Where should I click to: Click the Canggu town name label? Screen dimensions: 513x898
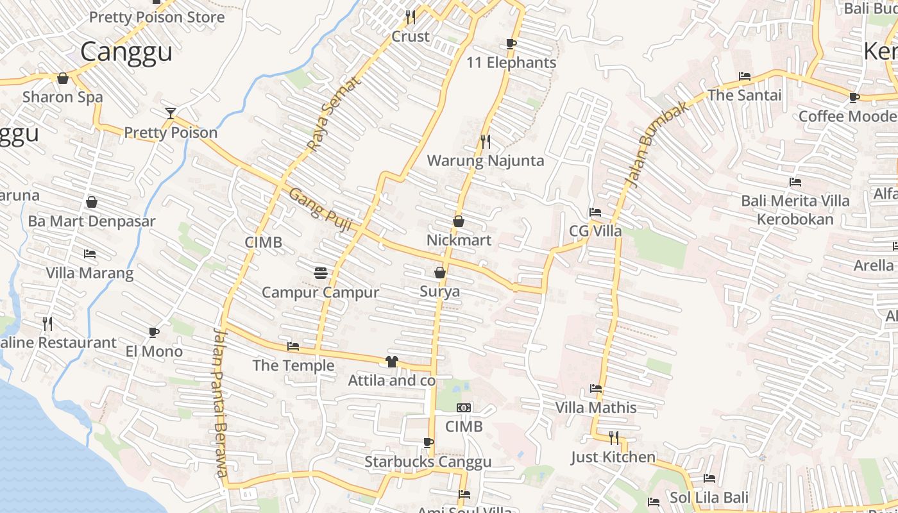pos(126,51)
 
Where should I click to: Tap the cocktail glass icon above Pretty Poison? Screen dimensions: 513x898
pos(171,114)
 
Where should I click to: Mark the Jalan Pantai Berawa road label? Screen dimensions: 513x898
pos(220,402)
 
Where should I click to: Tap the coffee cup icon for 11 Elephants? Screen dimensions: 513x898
pos(511,44)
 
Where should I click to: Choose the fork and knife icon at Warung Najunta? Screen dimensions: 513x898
pos(486,141)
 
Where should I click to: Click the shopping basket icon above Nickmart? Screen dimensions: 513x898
pos(459,221)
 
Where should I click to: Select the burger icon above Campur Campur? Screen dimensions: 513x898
pos(321,273)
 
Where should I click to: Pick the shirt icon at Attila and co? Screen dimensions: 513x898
pos(392,362)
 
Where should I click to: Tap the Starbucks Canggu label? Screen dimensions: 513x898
pos(428,462)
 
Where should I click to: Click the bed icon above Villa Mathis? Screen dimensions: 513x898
pos(596,389)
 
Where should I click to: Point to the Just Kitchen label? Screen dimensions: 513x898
pos(613,457)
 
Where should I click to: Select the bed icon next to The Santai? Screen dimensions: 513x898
pos(744,76)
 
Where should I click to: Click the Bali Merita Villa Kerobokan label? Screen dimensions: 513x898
pos(795,210)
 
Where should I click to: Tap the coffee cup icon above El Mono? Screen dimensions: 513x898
pos(153,332)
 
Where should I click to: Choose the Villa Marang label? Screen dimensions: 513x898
pos(90,273)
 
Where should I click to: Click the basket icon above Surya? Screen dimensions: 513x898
pos(440,273)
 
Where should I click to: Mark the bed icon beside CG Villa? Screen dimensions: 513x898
pos(595,212)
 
